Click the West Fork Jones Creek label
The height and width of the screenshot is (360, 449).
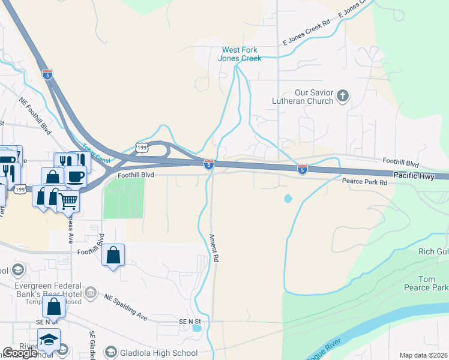point(242,54)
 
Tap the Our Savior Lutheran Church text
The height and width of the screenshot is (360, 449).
point(313,97)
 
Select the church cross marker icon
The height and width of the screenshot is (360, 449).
point(343,96)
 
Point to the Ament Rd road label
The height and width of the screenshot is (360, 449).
point(213,248)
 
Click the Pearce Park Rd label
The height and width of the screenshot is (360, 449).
point(364,181)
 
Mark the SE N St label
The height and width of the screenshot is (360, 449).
point(192,322)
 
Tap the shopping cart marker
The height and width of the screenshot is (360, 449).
point(69,201)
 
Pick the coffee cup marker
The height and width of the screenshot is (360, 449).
point(76,176)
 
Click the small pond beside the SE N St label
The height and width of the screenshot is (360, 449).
point(197,328)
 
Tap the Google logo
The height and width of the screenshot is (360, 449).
point(20,353)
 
